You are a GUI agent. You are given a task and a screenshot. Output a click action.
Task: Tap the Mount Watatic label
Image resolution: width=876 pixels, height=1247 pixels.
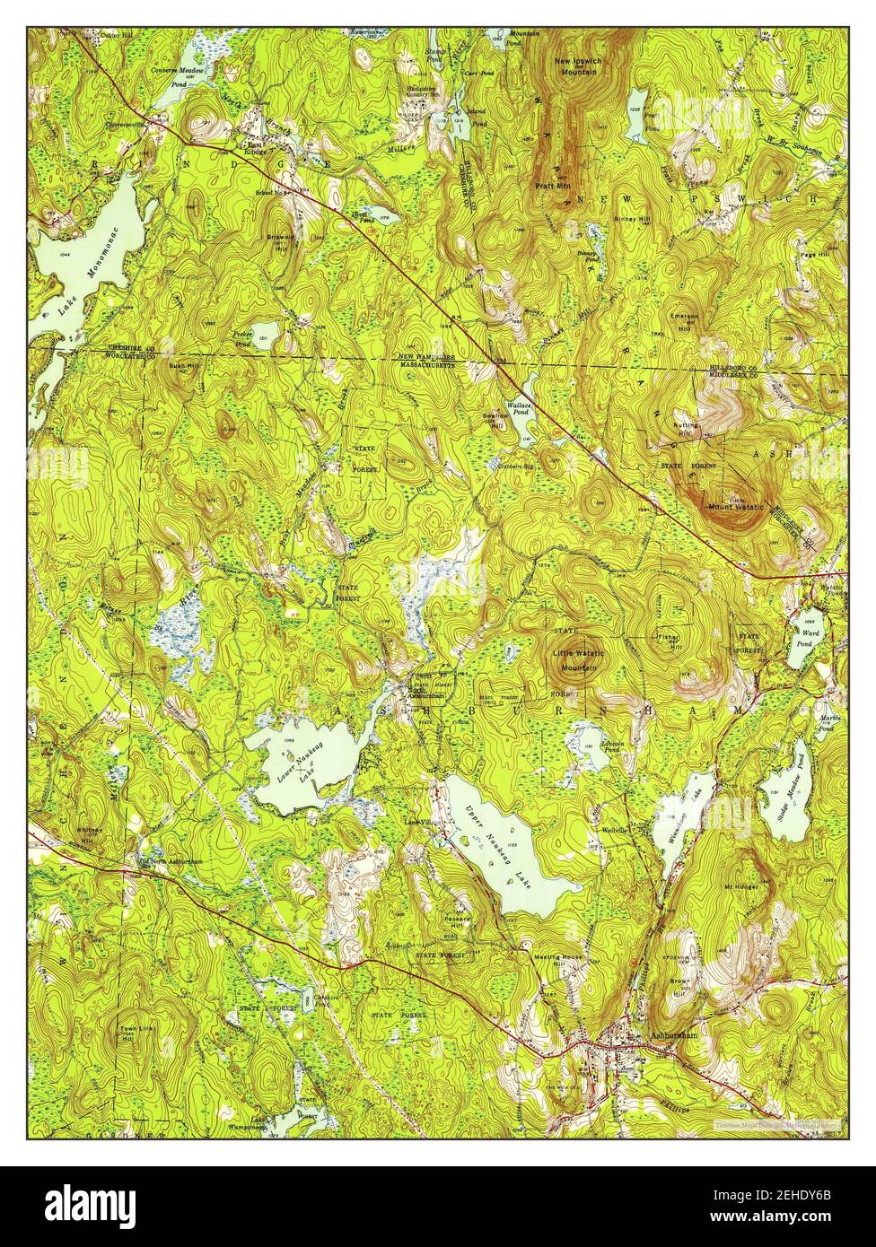[x=735, y=508]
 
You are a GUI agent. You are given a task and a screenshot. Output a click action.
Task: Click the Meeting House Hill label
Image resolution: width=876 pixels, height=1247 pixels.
[x=558, y=958]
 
